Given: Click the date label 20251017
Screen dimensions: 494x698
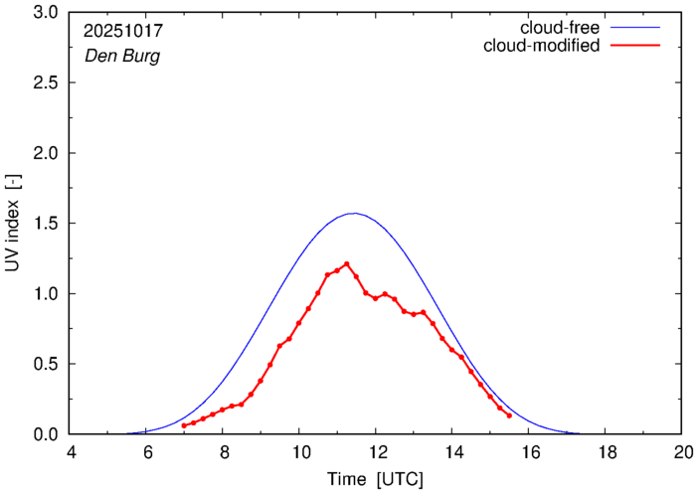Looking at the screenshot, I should click(122, 31).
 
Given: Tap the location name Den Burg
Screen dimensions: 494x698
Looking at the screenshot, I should click(121, 56).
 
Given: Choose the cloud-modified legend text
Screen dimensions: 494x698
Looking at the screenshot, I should click(541, 46).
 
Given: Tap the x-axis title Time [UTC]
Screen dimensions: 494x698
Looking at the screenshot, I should click(376, 479).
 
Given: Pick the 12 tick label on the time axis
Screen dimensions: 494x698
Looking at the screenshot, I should click(376, 452).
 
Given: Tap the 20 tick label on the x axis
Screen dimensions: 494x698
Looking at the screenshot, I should click(681, 452).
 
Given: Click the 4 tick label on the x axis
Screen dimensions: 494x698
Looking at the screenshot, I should click(71, 452).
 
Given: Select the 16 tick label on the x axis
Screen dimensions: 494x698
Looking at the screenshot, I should click(528, 452).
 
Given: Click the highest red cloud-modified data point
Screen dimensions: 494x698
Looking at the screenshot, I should click(347, 264).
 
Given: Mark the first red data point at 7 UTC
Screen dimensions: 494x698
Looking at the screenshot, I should click(184, 425).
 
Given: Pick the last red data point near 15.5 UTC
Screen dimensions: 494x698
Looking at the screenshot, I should click(509, 415).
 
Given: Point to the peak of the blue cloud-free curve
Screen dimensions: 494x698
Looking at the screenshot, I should click(354, 213).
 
